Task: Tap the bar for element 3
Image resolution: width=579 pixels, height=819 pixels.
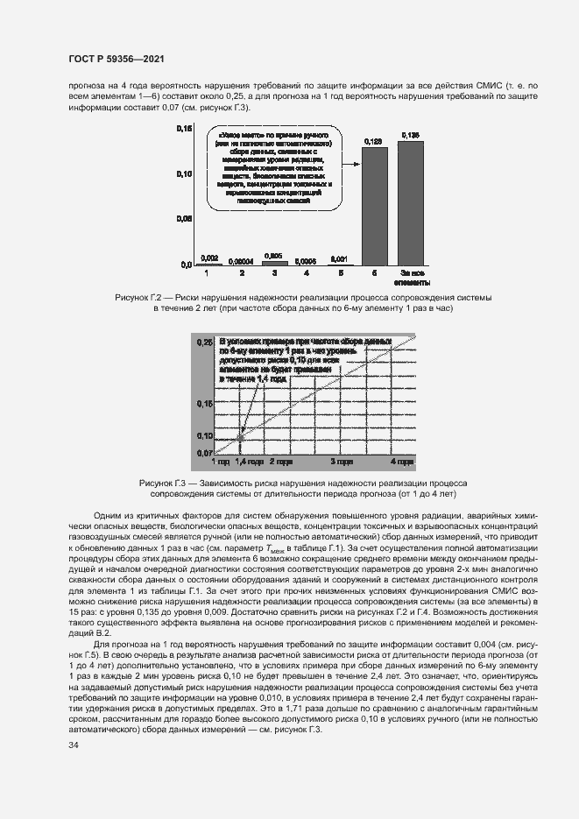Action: [x=274, y=262]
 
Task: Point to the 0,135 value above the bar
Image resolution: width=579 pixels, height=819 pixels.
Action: [x=410, y=135]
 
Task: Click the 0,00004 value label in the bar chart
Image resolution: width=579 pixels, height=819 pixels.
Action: [x=242, y=261]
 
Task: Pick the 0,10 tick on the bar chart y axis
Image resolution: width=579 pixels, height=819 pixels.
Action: [x=185, y=173]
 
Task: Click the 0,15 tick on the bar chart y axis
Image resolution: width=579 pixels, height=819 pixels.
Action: [x=185, y=129]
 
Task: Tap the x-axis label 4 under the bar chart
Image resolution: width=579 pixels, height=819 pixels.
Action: [x=307, y=273]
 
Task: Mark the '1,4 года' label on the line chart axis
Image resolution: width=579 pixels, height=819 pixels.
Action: [x=250, y=460]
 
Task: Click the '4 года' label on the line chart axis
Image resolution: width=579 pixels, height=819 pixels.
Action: [x=400, y=460]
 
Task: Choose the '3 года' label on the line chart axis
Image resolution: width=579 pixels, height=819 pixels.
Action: [x=341, y=460]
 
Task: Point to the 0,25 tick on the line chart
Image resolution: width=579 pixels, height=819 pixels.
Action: [x=204, y=342]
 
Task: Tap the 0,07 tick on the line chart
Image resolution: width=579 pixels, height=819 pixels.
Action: [x=204, y=452]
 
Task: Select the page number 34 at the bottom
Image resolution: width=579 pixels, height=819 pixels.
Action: [x=74, y=745]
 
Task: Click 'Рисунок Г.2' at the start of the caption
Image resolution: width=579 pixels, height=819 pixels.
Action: [x=138, y=299]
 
